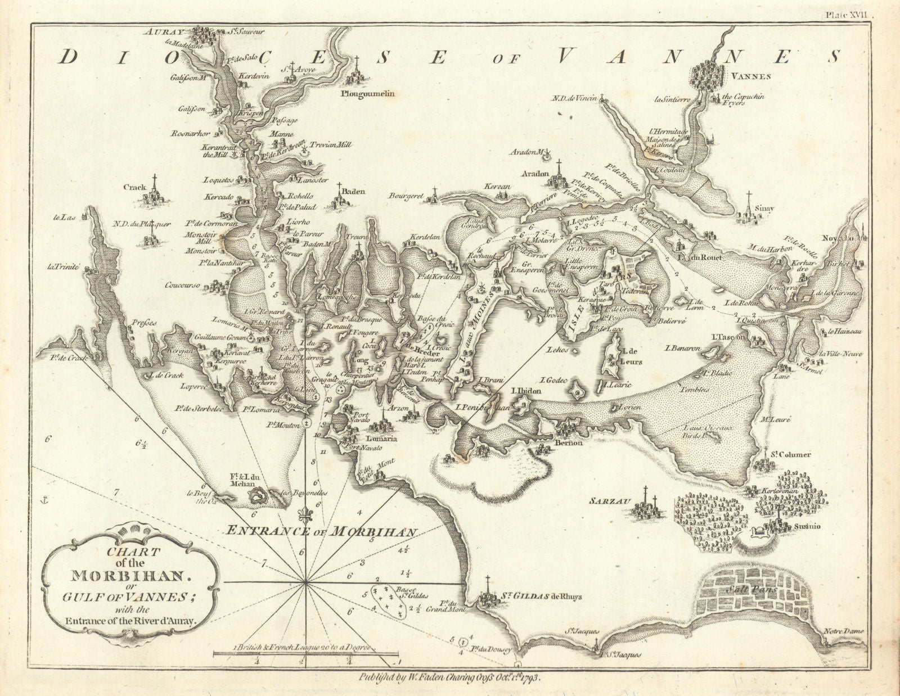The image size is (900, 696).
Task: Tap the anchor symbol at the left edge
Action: point(42,498)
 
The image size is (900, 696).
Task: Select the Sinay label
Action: point(764,208)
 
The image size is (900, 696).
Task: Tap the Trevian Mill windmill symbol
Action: point(304,149)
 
